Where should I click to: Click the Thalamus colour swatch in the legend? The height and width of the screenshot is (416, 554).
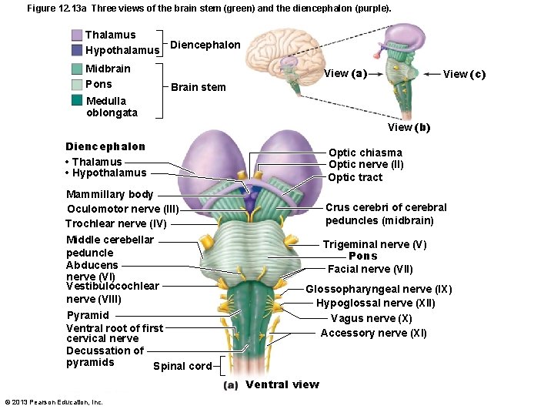(77, 35)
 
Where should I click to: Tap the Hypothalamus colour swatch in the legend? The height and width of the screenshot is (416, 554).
(77, 50)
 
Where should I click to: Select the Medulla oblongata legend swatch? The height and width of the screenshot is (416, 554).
(77, 100)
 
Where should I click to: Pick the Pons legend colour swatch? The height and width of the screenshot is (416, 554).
(77, 85)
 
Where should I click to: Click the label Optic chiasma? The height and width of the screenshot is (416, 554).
(365, 153)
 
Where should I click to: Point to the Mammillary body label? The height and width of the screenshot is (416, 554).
(109, 194)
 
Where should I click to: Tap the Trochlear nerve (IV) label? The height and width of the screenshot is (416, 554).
(115, 223)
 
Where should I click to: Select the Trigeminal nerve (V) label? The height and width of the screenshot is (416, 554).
(374, 245)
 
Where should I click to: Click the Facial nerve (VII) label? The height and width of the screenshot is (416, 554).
(370, 269)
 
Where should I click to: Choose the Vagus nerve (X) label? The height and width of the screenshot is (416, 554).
(371, 318)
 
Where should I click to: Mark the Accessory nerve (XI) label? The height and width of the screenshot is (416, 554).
(373, 333)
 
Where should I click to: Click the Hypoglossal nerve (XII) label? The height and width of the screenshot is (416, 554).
(375, 303)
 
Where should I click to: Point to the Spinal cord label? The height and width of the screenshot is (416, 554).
(182, 366)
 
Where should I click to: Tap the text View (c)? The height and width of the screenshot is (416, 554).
(464, 74)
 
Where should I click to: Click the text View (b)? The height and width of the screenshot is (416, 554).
(409, 128)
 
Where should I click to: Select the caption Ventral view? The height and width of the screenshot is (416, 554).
(282, 384)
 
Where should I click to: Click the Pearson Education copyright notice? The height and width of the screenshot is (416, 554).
(54, 402)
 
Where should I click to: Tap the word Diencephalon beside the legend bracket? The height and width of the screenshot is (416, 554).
(205, 45)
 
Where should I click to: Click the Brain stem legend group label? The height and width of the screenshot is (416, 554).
(198, 87)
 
